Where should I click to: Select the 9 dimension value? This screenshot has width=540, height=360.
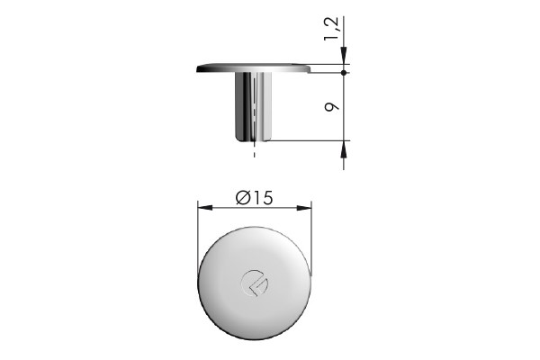pos(333,106)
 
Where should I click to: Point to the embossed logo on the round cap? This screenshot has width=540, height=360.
pos(255,283)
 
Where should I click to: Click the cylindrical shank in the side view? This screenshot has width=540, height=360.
pos(254,106)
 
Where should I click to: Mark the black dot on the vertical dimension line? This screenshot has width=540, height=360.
pos(345,72)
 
